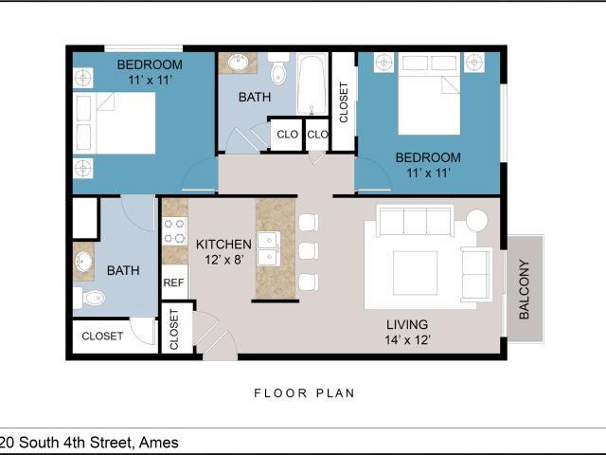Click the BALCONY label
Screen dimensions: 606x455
tap(524, 289)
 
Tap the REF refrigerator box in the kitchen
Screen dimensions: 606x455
tap(174, 282)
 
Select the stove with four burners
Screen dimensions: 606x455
tap(174, 231)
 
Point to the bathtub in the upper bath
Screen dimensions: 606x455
tap(312, 84)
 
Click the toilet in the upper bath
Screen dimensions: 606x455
tap(278, 69)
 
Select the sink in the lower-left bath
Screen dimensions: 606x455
tap(83, 262)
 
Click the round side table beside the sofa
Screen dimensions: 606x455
tap(476, 220)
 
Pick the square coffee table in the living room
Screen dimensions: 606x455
tap(416, 272)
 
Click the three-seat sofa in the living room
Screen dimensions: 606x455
tap(415, 221)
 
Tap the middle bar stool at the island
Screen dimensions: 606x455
tap(309, 250)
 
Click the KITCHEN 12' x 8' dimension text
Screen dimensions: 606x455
tap(223, 252)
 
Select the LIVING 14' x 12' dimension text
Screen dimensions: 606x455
tap(407, 332)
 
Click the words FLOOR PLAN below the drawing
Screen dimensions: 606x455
tap(304, 393)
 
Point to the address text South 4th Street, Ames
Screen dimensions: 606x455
tap(98, 443)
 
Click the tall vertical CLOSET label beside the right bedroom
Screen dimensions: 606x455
tap(344, 102)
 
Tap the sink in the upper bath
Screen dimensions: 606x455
tap(238, 63)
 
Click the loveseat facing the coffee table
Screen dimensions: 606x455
tap(476, 274)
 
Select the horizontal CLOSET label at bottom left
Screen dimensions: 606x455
tap(102, 336)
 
